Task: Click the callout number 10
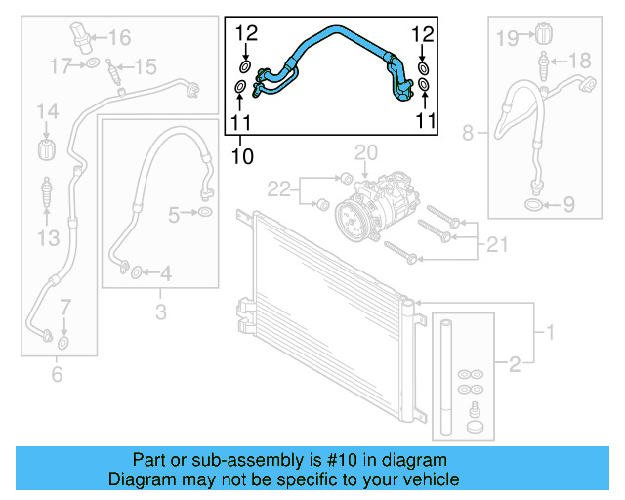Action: pos(241,155)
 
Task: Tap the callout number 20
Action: pos(365,152)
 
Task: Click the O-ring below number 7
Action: pos(63,343)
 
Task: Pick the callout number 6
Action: pos(56,374)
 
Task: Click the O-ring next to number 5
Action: pos(205,213)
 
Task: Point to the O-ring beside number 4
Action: pos(136,271)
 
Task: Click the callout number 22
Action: pos(279,187)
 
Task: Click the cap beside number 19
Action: pos(538,37)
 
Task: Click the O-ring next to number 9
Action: pos(533,204)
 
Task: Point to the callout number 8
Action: pos(467,132)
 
